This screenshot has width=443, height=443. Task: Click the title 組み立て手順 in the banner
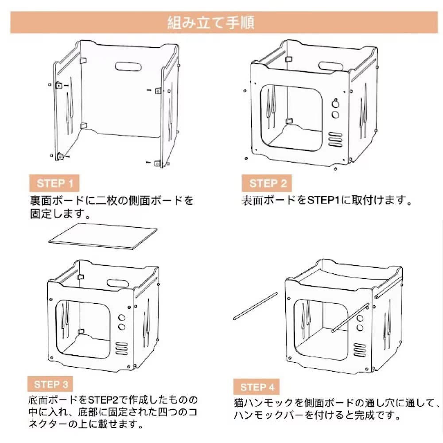pos(211,22)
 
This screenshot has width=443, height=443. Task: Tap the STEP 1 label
pos(55,183)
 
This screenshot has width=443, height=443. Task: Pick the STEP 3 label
pos(51,384)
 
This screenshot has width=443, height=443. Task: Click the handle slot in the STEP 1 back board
pos(128,66)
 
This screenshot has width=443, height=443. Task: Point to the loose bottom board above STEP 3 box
pos(103,236)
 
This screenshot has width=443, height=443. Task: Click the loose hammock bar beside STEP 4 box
pos(256,306)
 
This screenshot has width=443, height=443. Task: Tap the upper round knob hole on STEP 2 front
pos(335,104)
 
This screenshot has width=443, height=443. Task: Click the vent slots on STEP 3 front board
pos(121,348)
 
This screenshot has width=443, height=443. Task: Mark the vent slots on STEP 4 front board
pos(360,350)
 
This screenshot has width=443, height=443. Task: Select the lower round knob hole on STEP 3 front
pos(122,327)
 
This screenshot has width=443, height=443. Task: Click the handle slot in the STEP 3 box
pos(118,284)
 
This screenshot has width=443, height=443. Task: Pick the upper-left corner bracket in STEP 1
pos(83,60)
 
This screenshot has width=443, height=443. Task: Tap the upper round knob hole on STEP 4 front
pos(360,319)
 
